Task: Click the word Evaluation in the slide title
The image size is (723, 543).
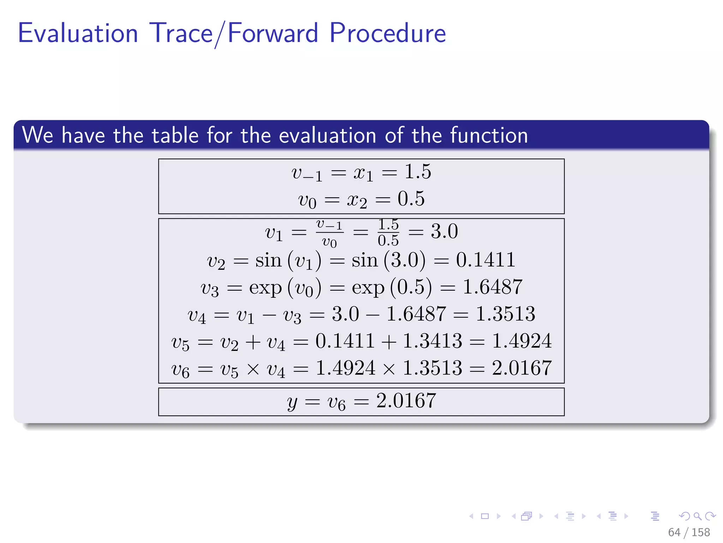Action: pyautogui.click(x=78, y=33)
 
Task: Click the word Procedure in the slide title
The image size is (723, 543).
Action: pyautogui.click(x=388, y=33)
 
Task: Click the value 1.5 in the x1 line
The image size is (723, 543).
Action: pyautogui.click(x=418, y=172)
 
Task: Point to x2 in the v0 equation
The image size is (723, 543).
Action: pyautogui.click(x=357, y=200)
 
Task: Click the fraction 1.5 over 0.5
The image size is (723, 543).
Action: pyautogui.click(x=388, y=232)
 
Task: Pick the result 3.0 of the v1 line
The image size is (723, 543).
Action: pyautogui.click(x=444, y=232)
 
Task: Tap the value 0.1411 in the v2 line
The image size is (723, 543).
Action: pyautogui.click(x=485, y=260)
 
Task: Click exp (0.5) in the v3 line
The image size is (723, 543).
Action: pyautogui.click(x=392, y=287)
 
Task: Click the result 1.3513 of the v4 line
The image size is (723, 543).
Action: pyautogui.click(x=505, y=314)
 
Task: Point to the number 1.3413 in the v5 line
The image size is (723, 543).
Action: pyautogui.click(x=432, y=341)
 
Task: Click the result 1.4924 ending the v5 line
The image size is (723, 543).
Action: pyautogui.click(x=521, y=341)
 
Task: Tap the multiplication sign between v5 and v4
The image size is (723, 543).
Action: pyautogui.click(x=253, y=369)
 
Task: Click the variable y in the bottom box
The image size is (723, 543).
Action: pyautogui.click(x=292, y=402)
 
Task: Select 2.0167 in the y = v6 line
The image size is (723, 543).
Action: pyautogui.click(x=406, y=401)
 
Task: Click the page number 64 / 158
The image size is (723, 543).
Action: pyautogui.click(x=688, y=532)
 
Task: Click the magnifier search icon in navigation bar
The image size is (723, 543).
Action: pyautogui.click(x=697, y=516)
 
